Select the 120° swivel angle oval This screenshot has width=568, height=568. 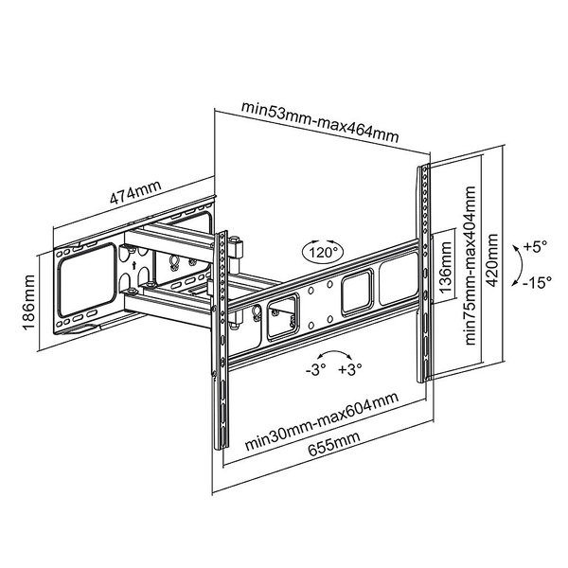[x=323, y=253]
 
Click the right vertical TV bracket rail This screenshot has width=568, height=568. [x=423, y=275]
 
